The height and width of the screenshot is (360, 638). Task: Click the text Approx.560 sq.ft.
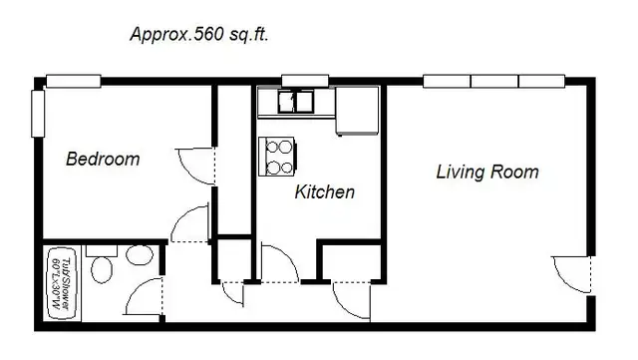[199, 34]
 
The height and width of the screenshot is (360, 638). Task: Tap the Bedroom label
[103, 159]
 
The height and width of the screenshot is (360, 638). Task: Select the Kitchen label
[325, 191]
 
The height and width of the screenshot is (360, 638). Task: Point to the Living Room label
[487, 172]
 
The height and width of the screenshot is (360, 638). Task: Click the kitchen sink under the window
[296, 101]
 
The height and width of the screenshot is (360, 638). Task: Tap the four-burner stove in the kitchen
[278, 154]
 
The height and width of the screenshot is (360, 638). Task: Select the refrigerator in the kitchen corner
[359, 110]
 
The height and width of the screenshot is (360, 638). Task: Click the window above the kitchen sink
[297, 81]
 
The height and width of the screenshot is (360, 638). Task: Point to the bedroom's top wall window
[74, 81]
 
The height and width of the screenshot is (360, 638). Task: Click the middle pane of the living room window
[494, 81]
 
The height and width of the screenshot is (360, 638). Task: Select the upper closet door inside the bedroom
[196, 166]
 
